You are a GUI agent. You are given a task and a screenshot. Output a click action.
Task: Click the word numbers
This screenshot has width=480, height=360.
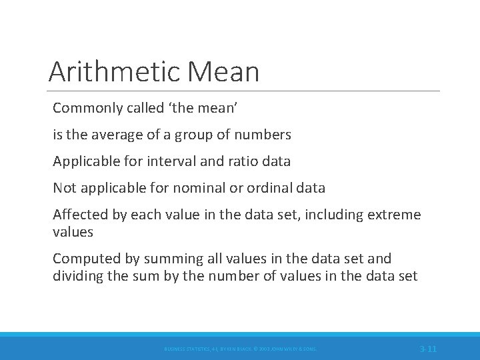tap(265, 135)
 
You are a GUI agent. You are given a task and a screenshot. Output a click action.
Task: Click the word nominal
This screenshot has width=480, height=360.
tap(198, 188)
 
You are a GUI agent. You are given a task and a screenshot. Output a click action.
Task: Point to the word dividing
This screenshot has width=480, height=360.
tap(79, 276)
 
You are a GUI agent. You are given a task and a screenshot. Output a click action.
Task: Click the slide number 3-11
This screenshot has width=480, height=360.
tap(428, 349)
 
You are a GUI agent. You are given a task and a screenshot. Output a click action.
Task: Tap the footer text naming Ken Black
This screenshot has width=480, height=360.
tap(241, 349)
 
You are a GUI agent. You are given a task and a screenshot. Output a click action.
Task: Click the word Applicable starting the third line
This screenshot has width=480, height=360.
tap(85, 161)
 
